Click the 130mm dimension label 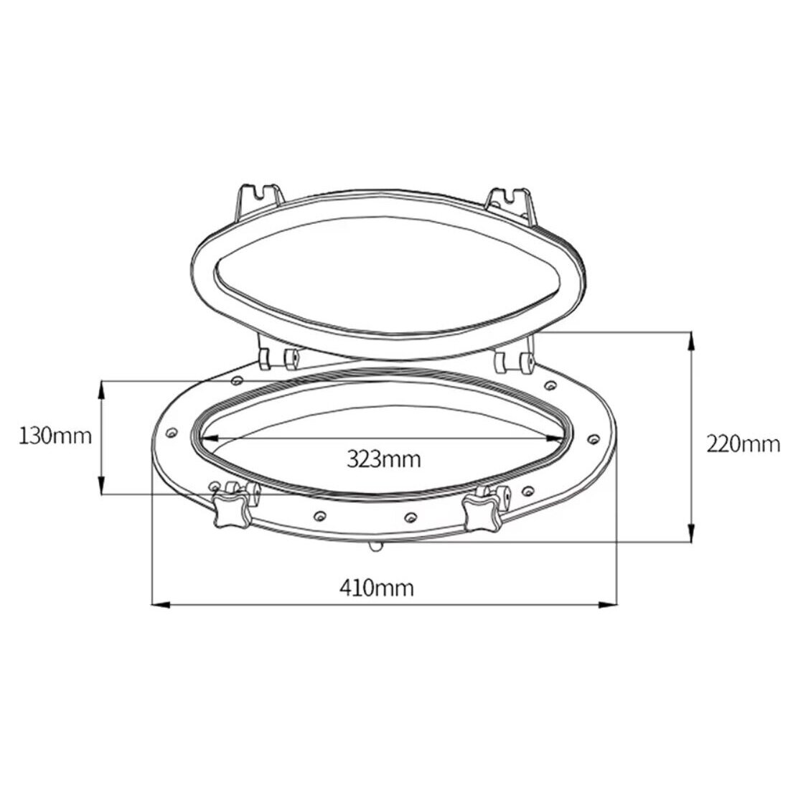point(55,435)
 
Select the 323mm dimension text point(384,459)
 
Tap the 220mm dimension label point(743,444)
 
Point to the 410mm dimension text point(377,588)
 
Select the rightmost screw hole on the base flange point(593,438)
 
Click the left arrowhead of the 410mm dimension point(161,604)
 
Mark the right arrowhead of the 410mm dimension point(608,604)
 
